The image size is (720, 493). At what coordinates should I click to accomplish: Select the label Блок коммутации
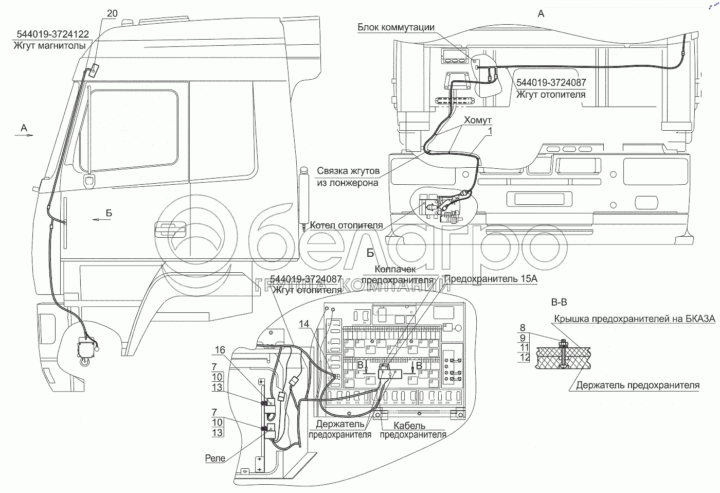pos(396,28)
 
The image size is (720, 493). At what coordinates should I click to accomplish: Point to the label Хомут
pos(478,120)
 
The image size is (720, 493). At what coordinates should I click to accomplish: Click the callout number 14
pos(304,324)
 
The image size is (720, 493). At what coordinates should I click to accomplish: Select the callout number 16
pos(220,350)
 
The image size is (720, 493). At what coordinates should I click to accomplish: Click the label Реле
pos(214,458)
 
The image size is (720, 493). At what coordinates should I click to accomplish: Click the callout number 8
pos(523,327)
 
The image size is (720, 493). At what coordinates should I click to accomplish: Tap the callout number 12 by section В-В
pos(524,357)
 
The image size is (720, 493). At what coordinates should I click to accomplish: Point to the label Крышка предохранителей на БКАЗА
pos(634,319)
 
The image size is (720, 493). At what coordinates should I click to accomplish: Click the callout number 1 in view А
pos(490,132)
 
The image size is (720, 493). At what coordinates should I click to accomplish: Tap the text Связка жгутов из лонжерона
pos(348,177)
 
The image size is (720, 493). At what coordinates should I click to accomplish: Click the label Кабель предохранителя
pos(413,430)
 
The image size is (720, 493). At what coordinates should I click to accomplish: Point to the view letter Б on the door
pos(109,213)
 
